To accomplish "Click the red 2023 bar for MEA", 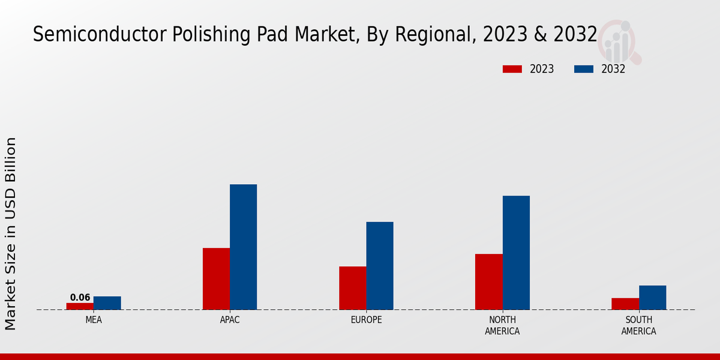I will coord(80,306).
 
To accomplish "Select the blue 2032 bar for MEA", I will coord(107,303).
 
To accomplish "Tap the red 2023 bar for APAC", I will coord(216,278).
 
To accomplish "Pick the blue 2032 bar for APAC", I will coord(243,247).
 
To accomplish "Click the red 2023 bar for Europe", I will coord(352,288).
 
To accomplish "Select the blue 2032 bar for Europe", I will coord(380,266).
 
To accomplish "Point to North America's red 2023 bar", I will coord(488,281).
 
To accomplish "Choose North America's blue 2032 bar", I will coord(516,253).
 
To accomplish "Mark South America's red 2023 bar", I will coord(625,304).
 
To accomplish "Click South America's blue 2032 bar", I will coord(652,298).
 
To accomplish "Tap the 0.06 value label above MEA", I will coord(80,298).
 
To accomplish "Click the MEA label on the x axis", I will coord(94,320).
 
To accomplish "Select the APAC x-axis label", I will coord(230,320).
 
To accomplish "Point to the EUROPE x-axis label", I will coord(366,320).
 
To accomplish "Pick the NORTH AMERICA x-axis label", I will coord(502,325).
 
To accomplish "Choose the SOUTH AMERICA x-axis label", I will coord(638,325).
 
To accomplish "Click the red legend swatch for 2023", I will coord(512,69).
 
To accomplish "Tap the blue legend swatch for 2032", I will coord(583,69).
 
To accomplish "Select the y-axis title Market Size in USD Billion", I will coord(11,234).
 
